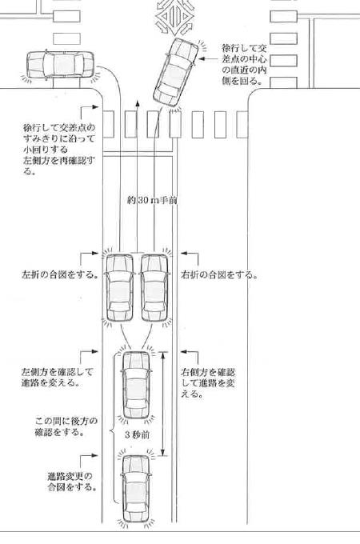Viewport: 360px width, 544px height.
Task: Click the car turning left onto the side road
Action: [60, 65]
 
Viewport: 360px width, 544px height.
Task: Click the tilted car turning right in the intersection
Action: [175, 72]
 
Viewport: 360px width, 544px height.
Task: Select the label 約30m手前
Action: [152, 200]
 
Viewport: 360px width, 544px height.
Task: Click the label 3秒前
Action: [137, 434]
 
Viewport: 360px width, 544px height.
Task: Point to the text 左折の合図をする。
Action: [59, 274]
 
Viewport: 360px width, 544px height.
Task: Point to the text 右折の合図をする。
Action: [219, 274]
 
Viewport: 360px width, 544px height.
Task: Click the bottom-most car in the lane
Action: [137, 488]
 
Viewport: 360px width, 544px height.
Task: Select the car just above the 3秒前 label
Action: [137, 385]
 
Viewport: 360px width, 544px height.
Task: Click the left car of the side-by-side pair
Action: [119, 288]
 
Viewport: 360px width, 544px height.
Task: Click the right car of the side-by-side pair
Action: [154, 288]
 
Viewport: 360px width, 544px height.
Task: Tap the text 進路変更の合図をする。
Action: [71, 482]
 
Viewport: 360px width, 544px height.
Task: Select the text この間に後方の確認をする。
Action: [66, 426]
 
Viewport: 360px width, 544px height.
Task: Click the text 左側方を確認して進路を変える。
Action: [58, 377]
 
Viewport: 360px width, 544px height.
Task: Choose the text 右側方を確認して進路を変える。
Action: [208, 382]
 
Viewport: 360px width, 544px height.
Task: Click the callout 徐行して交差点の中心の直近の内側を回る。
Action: [244, 64]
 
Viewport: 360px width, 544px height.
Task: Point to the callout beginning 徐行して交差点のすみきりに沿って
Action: [59, 149]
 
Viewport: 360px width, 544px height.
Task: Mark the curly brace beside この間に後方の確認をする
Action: [112, 431]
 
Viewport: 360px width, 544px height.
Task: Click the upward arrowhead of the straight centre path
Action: [138, 103]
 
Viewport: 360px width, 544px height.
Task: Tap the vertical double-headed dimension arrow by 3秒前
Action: [162, 403]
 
